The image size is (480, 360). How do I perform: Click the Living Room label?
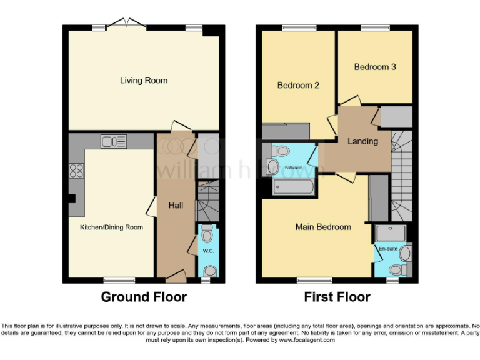coord(144,80)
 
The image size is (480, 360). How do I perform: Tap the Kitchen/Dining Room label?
coord(111,227)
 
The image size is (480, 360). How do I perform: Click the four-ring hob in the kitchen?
coord(76,170)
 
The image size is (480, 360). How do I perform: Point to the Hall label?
coord(176,205)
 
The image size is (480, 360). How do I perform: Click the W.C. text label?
coord(208,251)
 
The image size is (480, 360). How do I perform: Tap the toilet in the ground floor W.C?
coord(207,231)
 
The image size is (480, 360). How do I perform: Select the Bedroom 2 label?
coord(298,85)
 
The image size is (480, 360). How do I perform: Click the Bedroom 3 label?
coord(375,66)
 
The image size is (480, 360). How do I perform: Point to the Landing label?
coord(362,141)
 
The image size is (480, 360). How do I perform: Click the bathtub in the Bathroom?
coord(294,186)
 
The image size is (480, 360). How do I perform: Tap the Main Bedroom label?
coord(323,227)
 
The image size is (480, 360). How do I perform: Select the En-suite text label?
coord(387,249)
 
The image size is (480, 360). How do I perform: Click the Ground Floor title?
coord(144,297)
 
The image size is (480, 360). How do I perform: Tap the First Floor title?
coord(337,297)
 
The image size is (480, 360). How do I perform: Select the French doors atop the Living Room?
coord(127,24)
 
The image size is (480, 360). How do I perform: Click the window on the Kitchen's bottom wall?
coord(119,280)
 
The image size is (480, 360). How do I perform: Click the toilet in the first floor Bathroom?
coord(281,151)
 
